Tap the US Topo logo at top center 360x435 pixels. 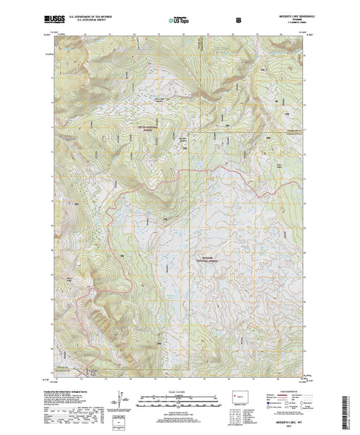pyautogui.click(x=180, y=14)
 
